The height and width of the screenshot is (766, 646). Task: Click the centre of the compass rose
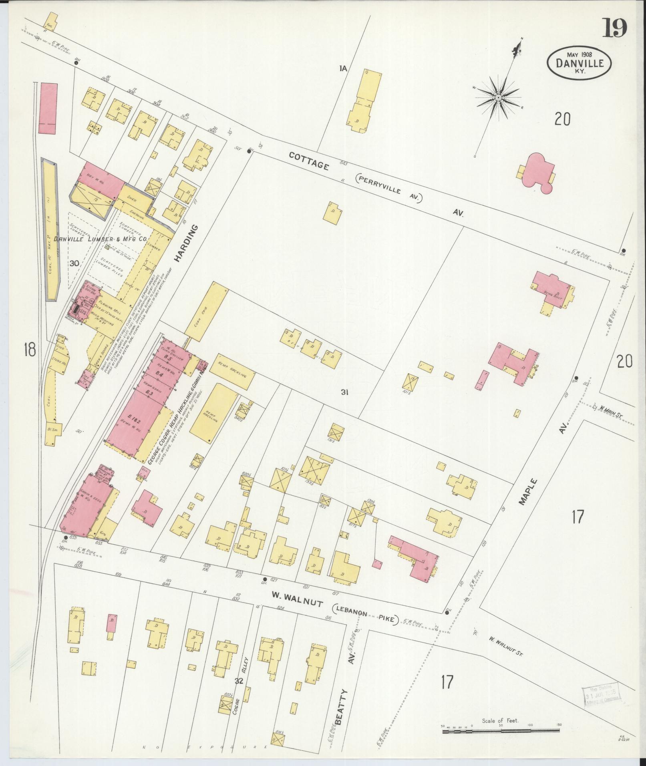pyautogui.click(x=498, y=97)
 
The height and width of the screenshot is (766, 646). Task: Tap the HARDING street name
pyautogui.click(x=186, y=244)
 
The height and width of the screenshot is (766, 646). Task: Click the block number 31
pyautogui.click(x=344, y=393)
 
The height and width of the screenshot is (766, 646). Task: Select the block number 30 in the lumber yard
pyautogui.click(x=74, y=263)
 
